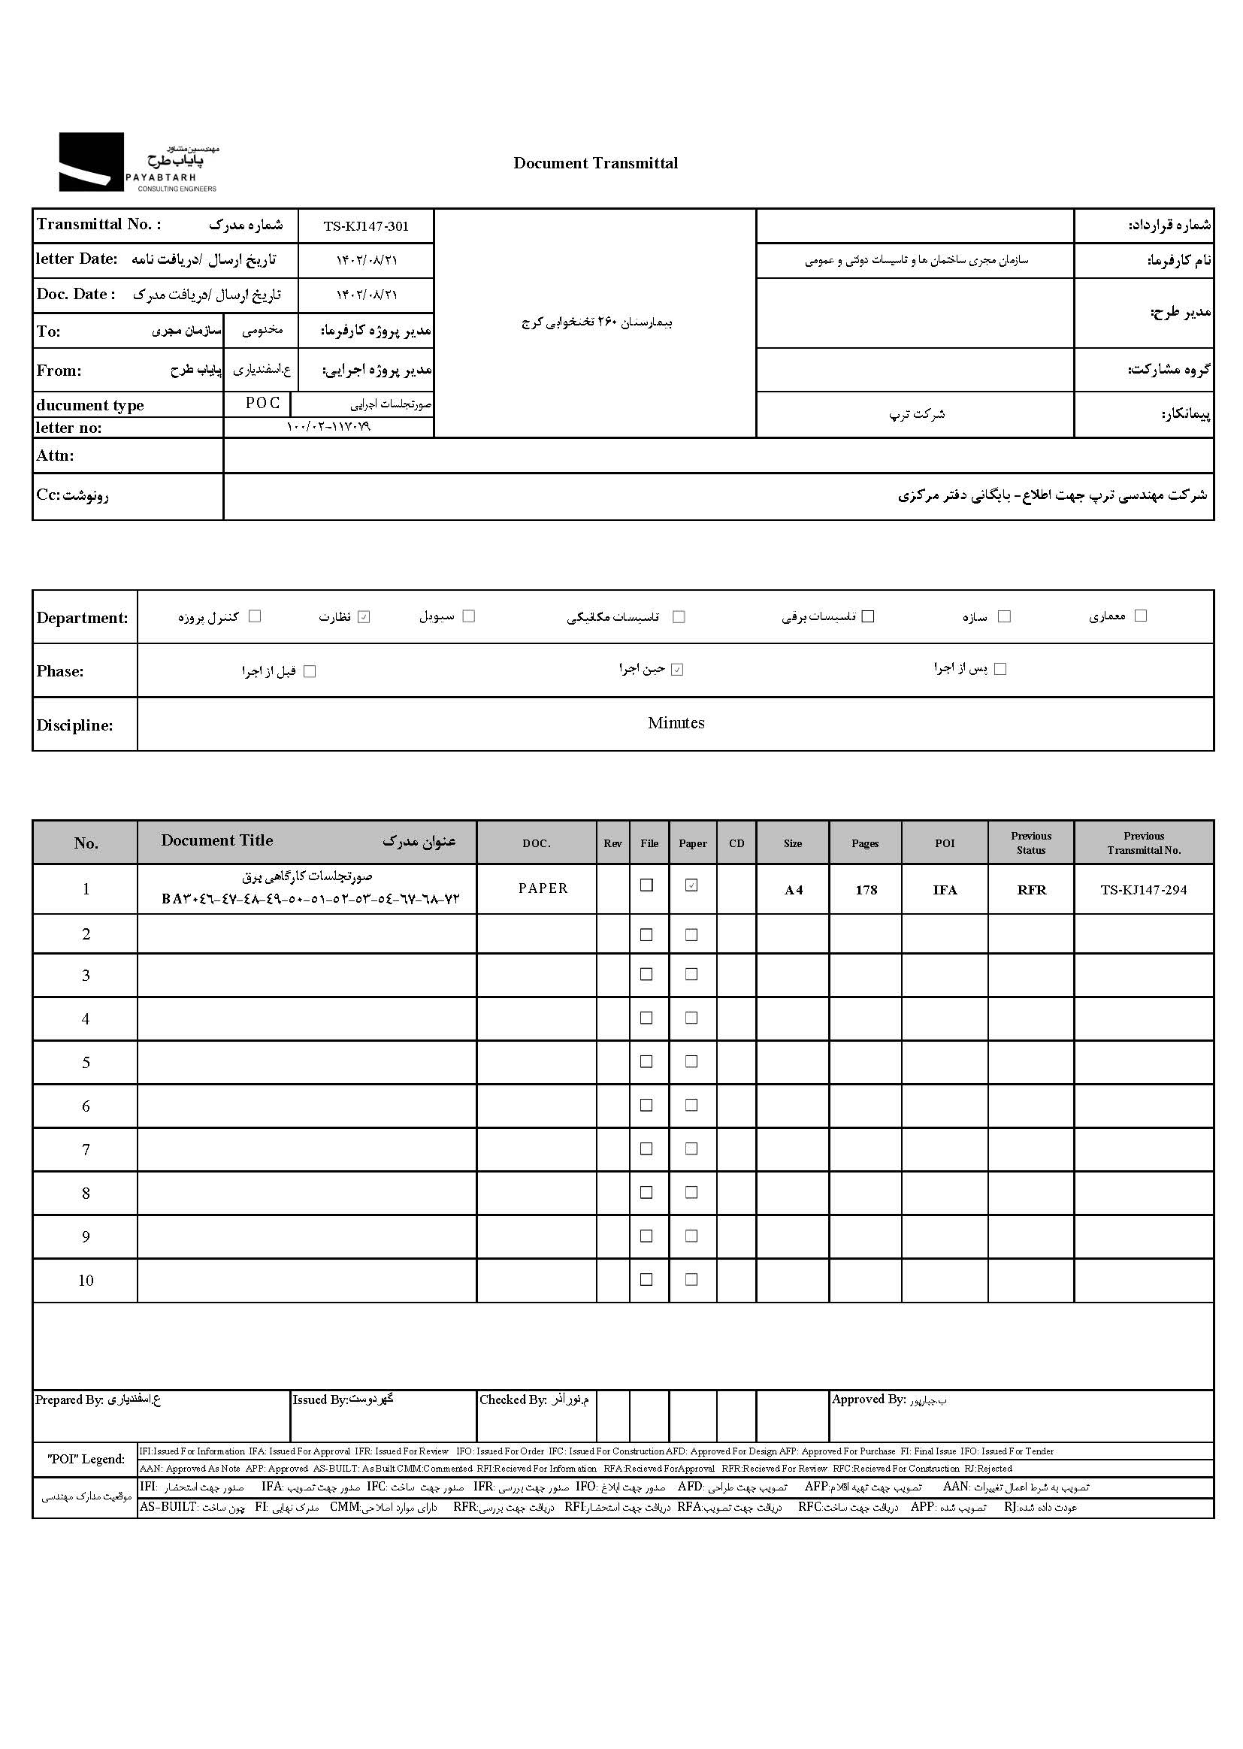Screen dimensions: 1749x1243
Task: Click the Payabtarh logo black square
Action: [91, 162]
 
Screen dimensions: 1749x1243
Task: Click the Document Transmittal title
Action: [595, 163]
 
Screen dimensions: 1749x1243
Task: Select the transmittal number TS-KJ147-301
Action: [366, 226]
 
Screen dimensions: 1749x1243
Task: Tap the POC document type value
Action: [262, 404]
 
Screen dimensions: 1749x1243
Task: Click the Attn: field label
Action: [55, 455]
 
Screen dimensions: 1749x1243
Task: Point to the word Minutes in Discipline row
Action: [676, 723]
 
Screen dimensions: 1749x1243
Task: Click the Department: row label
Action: [83, 618]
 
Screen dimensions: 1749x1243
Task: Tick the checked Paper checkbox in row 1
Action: [691, 885]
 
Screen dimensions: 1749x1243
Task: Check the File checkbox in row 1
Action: [647, 885]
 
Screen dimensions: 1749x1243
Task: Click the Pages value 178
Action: [866, 889]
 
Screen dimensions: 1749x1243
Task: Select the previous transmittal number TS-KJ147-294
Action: [1144, 889]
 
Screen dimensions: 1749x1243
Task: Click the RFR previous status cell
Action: [1031, 889]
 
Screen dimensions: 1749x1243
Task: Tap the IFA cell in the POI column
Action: [945, 889]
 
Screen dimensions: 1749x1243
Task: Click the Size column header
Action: [793, 843]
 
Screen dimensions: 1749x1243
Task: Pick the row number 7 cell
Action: [86, 1150]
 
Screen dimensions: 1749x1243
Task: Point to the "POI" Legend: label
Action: [86, 1459]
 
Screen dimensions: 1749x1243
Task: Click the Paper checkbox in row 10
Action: [691, 1280]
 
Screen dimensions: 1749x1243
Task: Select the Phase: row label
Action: [59, 671]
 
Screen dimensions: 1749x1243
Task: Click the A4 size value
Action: [793, 889]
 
